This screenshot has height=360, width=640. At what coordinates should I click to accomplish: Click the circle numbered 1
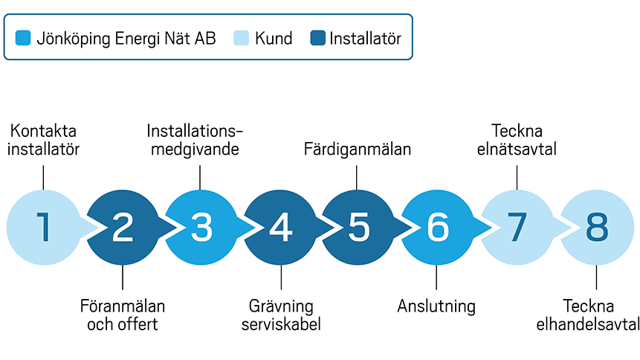click(43, 228)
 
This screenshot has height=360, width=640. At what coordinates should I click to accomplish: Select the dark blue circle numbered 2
click(122, 228)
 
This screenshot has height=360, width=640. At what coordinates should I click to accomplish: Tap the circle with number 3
click(201, 228)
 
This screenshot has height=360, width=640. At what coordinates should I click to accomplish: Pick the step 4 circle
click(280, 228)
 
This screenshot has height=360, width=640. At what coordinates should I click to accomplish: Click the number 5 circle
click(358, 228)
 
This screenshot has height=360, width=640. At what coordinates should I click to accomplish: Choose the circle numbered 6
click(437, 228)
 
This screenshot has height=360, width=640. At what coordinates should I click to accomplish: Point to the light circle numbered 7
click(517, 228)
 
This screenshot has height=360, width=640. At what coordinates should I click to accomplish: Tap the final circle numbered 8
click(596, 228)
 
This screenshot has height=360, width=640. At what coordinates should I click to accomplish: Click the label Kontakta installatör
click(43, 139)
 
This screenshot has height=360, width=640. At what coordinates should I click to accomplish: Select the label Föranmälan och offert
click(122, 315)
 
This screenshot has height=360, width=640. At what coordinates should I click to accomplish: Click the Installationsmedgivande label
click(195, 139)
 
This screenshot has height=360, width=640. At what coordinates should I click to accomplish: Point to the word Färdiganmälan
click(358, 149)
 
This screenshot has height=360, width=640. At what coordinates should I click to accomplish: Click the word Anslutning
click(436, 306)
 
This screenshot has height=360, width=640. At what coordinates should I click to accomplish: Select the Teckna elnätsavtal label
click(516, 139)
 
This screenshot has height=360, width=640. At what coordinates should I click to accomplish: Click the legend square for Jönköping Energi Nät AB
click(24, 38)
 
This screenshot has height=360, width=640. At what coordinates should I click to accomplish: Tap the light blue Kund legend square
click(242, 38)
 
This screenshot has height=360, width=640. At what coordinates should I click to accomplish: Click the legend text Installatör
click(365, 38)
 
